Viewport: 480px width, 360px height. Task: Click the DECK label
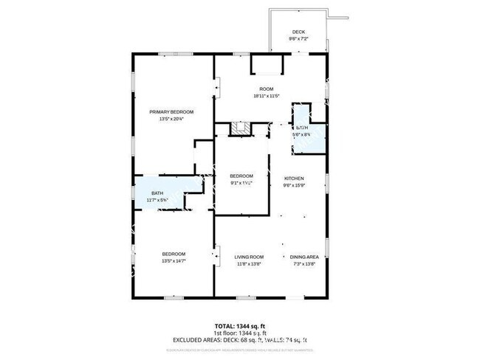298,32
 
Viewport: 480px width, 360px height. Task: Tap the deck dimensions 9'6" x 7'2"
298,38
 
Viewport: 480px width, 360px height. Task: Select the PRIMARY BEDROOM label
166,112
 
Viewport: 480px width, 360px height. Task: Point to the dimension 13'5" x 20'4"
166,119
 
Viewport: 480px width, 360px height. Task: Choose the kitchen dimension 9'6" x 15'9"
295,185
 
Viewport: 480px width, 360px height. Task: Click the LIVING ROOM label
249,256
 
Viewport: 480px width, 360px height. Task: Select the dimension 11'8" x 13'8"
249,263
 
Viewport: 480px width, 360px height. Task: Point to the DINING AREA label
304,256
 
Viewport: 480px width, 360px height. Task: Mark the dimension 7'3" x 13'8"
304,263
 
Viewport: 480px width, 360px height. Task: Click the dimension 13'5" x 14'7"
174,260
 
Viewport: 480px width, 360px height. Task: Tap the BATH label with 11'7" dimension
157,194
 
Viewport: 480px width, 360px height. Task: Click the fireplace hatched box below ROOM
239,128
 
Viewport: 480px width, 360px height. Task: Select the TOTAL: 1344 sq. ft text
240,326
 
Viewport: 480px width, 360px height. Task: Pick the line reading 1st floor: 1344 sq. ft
240,333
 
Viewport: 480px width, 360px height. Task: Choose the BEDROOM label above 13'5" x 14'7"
174,254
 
